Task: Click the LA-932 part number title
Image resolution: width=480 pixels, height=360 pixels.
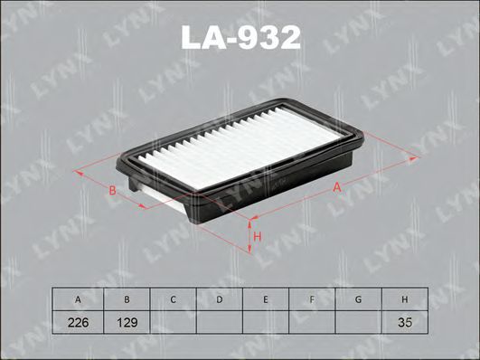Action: pyautogui.click(x=239, y=37)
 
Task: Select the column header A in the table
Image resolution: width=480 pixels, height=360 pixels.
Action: pyautogui.click(x=79, y=299)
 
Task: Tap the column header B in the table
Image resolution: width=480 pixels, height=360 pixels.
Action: pyautogui.click(x=126, y=299)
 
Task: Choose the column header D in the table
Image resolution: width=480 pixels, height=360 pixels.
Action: pyautogui.click(x=219, y=299)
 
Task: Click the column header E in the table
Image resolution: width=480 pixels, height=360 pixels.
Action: pyautogui.click(x=265, y=299)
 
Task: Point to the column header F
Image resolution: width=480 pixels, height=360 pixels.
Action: pyautogui.click(x=312, y=299)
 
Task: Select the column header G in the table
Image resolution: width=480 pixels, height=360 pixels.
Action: pyautogui.click(x=358, y=299)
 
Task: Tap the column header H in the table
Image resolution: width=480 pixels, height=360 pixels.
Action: pyautogui.click(x=405, y=299)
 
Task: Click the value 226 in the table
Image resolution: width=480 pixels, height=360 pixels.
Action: pyautogui.click(x=79, y=322)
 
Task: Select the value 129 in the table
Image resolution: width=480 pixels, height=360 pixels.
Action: pyautogui.click(x=126, y=322)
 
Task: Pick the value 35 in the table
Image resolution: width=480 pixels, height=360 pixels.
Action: pyautogui.click(x=405, y=322)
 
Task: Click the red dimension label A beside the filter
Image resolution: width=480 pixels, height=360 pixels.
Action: pyautogui.click(x=336, y=187)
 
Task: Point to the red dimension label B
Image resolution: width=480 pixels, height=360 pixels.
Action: pyautogui.click(x=110, y=191)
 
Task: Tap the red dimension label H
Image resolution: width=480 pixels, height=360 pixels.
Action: pyautogui.click(x=257, y=237)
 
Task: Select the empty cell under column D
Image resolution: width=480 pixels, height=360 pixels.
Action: pyautogui.click(x=219, y=322)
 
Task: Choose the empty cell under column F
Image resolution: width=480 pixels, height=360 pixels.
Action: pyautogui.click(x=312, y=322)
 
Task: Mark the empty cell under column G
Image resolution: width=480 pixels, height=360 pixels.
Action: pyautogui.click(x=358, y=322)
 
